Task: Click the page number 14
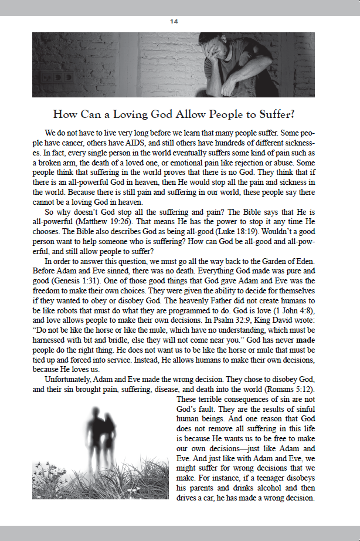tap(174, 21)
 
